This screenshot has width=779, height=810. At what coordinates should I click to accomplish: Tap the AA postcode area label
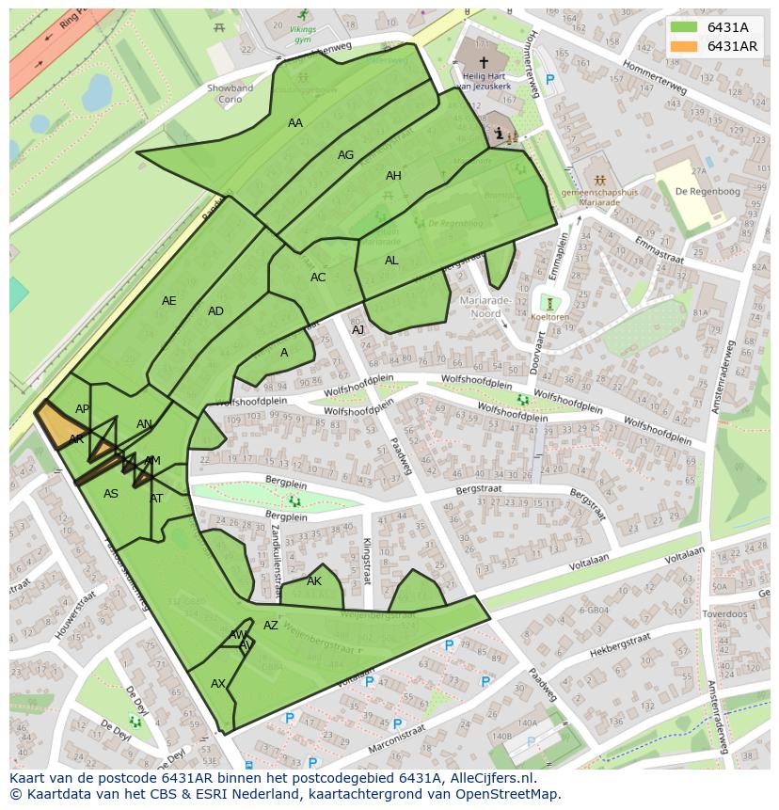[295, 123]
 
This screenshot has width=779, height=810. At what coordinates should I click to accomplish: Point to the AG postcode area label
[345, 155]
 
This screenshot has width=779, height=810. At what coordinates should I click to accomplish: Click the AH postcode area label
[393, 176]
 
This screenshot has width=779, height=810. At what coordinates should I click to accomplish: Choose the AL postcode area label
[391, 261]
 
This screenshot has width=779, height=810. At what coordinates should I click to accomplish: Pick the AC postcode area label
[318, 278]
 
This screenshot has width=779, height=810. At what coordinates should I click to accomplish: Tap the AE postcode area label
[168, 301]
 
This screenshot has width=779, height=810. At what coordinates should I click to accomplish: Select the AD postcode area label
[215, 311]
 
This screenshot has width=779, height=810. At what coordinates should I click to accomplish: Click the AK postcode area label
[314, 581]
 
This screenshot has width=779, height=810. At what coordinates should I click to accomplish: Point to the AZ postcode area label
[271, 626]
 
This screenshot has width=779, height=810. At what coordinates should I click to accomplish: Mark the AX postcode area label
[218, 684]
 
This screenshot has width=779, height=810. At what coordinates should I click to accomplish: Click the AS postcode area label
[111, 494]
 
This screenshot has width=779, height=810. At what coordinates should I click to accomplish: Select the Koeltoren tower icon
[549, 303]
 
